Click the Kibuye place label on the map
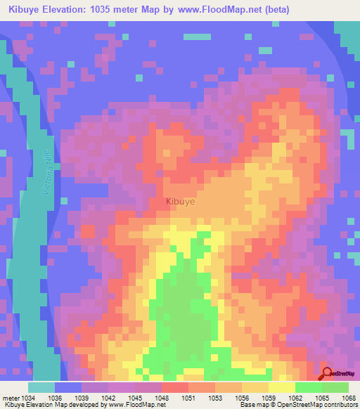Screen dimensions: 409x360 point(180,202)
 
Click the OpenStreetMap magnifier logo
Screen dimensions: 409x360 point(326,373)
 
